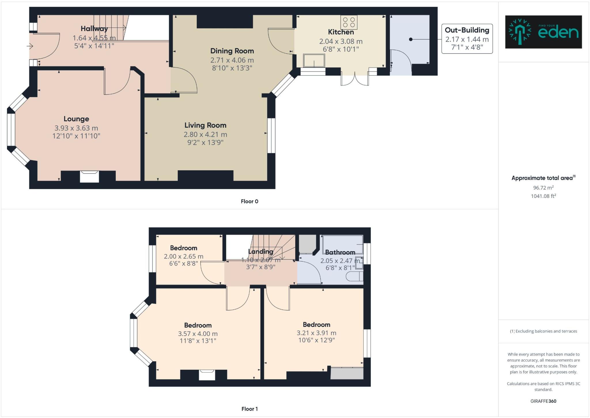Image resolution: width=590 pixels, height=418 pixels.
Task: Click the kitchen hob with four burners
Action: (x=349, y=22)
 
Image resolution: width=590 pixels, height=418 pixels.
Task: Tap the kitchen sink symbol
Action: (x=314, y=61)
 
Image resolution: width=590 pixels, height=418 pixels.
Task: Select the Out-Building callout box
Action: (x=467, y=39)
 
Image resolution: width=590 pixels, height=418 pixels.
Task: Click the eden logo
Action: (x=543, y=32)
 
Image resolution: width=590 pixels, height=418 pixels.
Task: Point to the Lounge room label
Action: (x=76, y=119)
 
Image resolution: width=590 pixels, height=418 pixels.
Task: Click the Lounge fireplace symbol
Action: (x=89, y=176)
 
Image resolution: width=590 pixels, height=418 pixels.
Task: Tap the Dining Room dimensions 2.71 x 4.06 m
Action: (x=232, y=60)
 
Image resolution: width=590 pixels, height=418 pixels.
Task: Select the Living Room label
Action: (x=205, y=125)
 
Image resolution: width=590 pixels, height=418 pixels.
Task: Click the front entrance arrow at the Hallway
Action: (x=30, y=46)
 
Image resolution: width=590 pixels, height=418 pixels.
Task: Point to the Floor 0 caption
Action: (x=249, y=201)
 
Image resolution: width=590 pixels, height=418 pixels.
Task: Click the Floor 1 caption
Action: (x=249, y=409)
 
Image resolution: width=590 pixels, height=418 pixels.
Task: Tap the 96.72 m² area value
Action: (x=543, y=188)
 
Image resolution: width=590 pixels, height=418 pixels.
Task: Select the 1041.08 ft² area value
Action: (x=543, y=196)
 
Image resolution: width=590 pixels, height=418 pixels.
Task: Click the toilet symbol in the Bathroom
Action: (x=354, y=277)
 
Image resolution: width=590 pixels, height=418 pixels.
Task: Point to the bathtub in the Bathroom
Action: (x=343, y=244)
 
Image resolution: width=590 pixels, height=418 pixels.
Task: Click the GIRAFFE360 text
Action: (x=543, y=401)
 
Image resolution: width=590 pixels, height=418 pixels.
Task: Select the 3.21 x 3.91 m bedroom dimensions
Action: (x=316, y=333)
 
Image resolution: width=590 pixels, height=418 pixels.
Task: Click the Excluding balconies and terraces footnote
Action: (x=543, y=331)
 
